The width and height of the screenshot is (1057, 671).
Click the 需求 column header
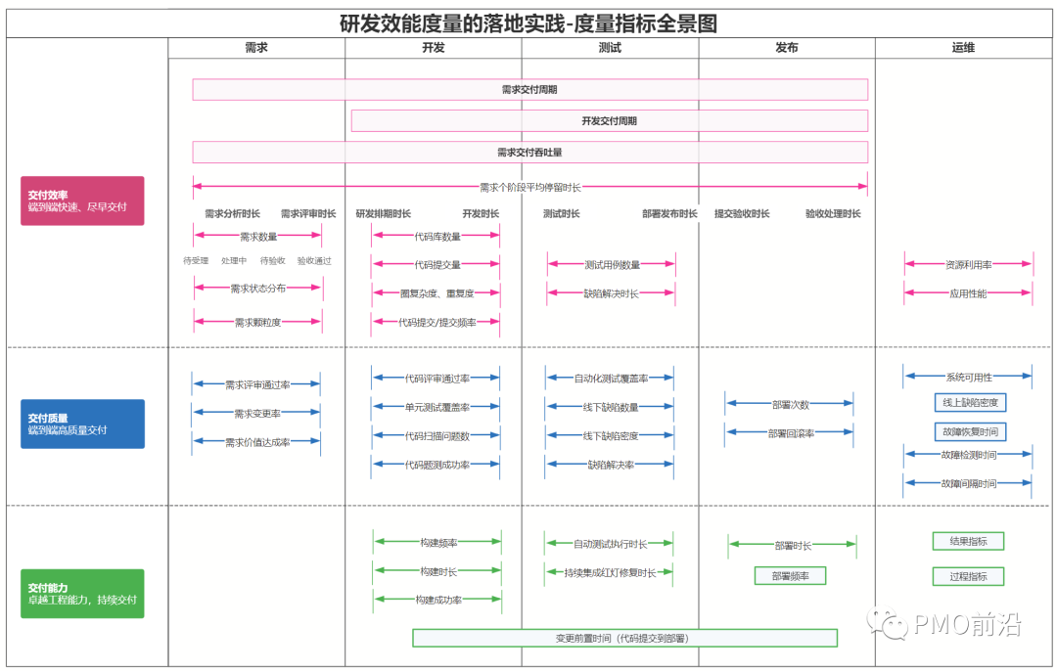tap(256, 48)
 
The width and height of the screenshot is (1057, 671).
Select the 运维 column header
tap(963, 48)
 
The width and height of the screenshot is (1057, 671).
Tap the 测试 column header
tap(610, 48)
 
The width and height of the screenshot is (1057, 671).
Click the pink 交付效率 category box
tap(82, 201)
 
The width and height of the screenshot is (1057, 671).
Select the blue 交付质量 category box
tap(82, 424)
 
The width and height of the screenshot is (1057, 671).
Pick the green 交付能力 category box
tap(82, 594)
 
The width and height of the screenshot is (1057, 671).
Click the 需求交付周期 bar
tap(529, 90)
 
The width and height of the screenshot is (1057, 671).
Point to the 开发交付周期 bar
tap(609, 121)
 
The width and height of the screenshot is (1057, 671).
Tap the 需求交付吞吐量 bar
tap(529, 153)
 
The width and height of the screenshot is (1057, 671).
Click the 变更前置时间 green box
tap(624, 638)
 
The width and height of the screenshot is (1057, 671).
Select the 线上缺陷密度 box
tap(970, 402)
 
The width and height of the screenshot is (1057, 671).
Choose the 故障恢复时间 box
tap(970, 431)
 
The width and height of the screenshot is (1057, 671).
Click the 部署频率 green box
tap(790, 576)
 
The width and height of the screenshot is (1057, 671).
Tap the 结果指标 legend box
tap(968, 541)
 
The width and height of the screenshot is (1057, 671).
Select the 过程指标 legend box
tap(968, 576)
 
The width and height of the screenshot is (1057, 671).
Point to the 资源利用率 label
tap(968, 264)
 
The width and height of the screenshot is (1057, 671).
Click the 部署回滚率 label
tap(790, 433)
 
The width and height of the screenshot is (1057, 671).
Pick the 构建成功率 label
tap(437, 600)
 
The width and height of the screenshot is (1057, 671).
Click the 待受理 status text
tap(196, 261)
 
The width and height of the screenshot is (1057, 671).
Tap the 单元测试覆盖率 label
tap(437, 407)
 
